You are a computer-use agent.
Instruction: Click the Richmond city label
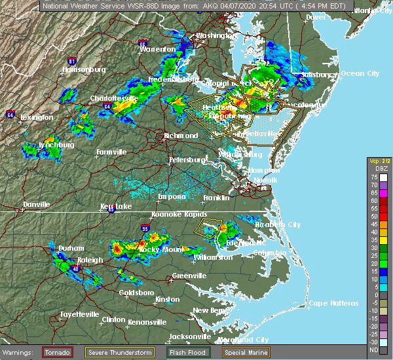(x=181, y=135)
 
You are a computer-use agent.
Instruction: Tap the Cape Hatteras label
(x=335, y=303)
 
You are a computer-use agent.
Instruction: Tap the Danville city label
(x=36, y=204)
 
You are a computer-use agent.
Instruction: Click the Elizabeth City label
(x=275, y=225)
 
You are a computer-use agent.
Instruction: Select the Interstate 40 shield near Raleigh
(x=76, y=268)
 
